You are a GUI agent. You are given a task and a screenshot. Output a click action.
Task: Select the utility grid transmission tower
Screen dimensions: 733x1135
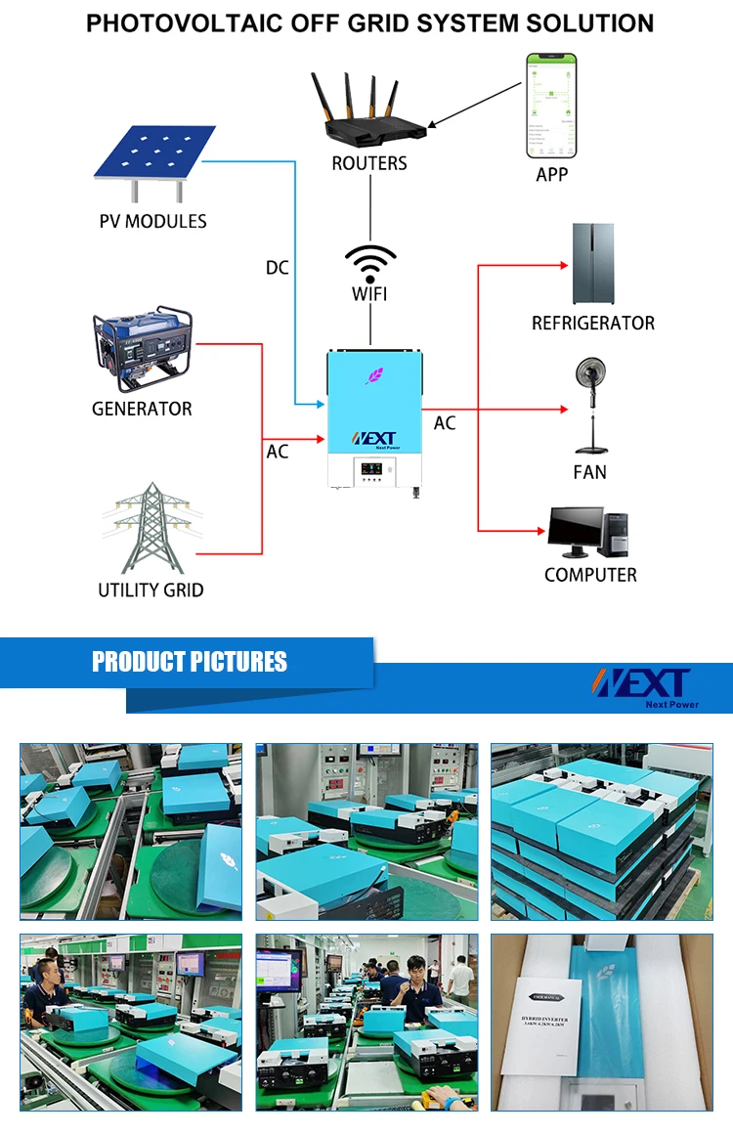[x=151, y=528]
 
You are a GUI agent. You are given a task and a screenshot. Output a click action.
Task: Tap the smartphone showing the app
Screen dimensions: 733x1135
[x=551, y=106]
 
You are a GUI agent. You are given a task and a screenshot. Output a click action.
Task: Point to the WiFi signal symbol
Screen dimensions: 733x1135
[x=370, y=263]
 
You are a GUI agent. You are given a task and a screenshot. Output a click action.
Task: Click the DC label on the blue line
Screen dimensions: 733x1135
[x=278, y=267]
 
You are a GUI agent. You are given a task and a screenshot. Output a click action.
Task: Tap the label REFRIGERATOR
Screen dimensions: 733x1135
[x=592, y=323]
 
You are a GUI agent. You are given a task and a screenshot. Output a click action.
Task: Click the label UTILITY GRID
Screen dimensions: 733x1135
[x=151, y=589]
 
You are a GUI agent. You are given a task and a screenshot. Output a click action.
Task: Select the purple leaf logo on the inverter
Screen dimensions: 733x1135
[x=374, y=374]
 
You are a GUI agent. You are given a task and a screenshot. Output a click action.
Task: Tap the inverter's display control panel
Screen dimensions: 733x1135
[x=373, y=468]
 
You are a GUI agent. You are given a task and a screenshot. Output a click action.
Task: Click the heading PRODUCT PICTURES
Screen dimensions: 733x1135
[x=190, y=662]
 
